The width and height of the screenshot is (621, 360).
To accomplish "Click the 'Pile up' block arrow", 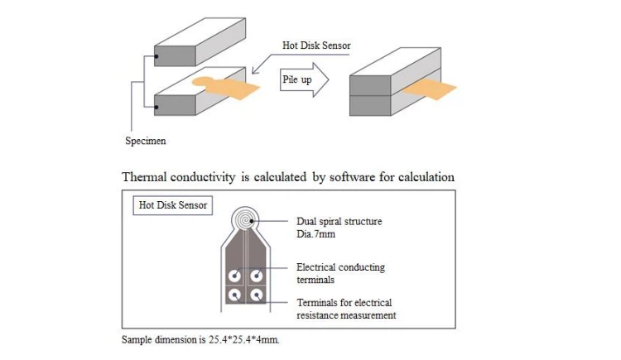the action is [x=304, y=79].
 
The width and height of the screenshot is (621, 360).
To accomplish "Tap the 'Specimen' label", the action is [x=146, y=141].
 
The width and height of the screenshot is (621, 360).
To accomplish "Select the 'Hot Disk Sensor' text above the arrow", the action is [x=316, y=46].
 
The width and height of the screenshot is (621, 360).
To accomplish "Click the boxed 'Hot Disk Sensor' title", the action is [x=173, y=205].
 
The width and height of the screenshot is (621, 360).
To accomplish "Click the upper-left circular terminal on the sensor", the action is [x=235, y=276].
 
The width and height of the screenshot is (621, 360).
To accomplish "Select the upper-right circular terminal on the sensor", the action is [x=256, y=276].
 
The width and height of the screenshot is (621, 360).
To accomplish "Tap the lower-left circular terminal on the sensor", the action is [x=235, y=295].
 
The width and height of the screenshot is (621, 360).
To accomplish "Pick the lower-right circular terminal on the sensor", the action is [x=257, y=295].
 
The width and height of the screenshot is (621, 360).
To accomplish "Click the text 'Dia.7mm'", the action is [x=315, y=234].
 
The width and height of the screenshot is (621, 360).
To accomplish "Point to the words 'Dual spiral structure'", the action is [x=339, y=222].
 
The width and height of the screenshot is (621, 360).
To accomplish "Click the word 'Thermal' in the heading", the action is [x=144, y=176].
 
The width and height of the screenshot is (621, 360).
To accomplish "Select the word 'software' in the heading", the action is [x=353, y=176].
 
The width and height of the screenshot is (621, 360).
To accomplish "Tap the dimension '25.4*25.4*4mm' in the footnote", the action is [x=244, y=340].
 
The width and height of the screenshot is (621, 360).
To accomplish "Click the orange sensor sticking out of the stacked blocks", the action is [x=429, y=89].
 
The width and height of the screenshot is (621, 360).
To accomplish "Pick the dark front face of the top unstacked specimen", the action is [x=175, y=55].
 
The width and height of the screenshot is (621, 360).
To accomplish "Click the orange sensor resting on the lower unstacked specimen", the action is [x=226, y=87].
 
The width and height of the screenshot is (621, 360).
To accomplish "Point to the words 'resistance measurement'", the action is [x=346, y=315].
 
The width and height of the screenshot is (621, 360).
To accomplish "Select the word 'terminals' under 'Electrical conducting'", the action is [x=315, y=280].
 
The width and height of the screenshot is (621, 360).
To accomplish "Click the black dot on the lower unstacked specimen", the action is [x=156, y=107].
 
